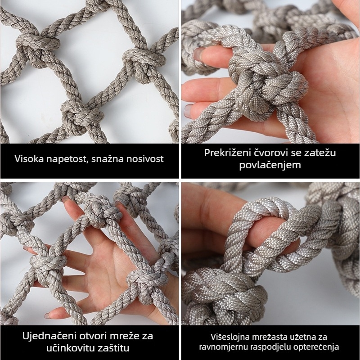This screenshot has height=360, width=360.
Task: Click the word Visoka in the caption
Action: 27,159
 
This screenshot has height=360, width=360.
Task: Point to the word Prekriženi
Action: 225,153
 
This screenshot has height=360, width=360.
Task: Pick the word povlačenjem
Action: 270,166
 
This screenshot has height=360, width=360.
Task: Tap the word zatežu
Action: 321,153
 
